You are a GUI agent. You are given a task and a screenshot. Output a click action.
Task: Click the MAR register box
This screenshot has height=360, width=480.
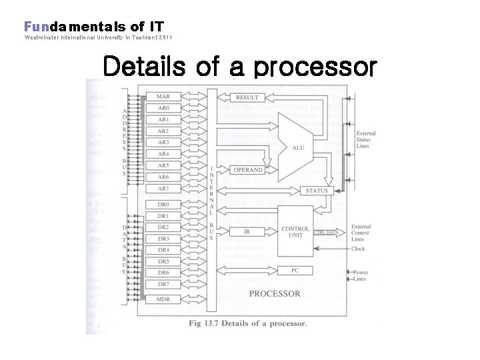click(163, 97)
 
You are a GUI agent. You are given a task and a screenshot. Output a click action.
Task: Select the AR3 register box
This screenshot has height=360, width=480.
click(163, 143)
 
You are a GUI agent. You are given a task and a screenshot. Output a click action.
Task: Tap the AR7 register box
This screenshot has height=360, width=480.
click(163, 189)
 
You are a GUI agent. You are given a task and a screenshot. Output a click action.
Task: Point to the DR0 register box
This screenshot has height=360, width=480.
click(163, 205)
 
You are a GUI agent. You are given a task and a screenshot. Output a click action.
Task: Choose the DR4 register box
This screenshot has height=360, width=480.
click(163, 250)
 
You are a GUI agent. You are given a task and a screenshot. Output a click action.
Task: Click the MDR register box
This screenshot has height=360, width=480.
click(163, 299)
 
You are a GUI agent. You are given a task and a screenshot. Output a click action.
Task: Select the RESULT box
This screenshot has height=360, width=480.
click(247, 97)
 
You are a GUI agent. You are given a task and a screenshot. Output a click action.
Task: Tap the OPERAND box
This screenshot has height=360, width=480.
click(248, 170)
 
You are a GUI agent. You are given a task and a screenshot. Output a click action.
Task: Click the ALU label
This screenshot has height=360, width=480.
click(298, 147)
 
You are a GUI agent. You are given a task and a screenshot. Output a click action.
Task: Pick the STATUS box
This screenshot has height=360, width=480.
click(317, 191)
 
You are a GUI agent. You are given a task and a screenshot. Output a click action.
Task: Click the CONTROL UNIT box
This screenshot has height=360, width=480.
click(295, 232)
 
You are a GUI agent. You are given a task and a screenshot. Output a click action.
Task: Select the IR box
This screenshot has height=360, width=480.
click(247, 231)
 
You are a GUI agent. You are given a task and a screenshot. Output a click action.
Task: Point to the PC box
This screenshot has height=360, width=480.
click(295, 270)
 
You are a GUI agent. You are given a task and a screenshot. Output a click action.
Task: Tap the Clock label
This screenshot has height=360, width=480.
click(359, 249)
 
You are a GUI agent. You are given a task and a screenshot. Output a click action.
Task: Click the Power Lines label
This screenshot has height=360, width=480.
click(361, 275)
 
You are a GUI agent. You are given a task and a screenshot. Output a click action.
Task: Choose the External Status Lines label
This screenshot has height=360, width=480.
click(366, 139)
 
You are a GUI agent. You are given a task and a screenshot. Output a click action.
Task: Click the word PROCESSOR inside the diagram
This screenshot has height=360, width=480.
click(274, 294)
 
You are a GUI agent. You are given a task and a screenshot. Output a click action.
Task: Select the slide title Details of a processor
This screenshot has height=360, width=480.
click(239, 67)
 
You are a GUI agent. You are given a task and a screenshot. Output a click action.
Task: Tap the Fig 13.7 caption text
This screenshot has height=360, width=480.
click(246, 324)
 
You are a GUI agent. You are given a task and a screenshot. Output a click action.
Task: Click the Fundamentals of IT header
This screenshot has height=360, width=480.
click(94, 27)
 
